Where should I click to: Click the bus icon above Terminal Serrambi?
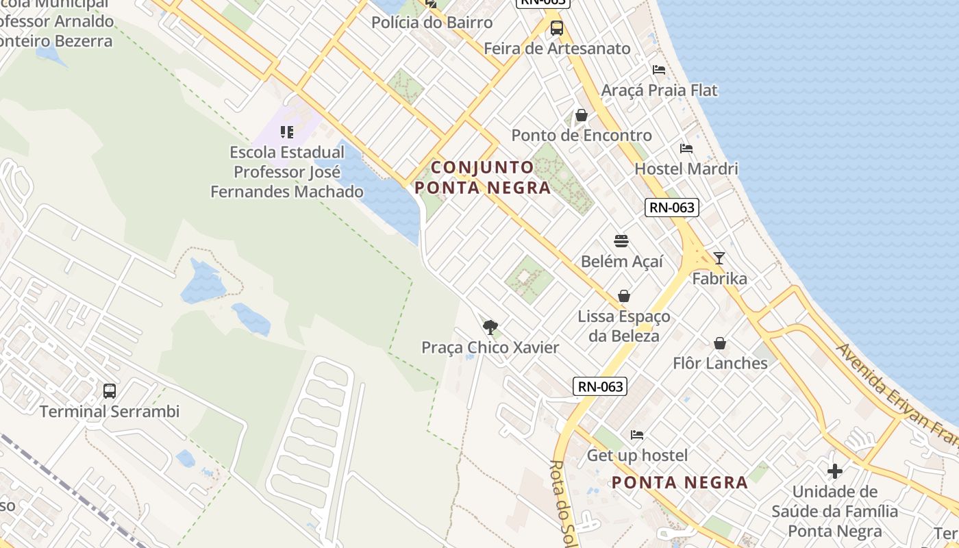coord(110,391)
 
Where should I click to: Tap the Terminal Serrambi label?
coord(110,412)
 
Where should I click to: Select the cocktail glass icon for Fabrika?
coord(719,258)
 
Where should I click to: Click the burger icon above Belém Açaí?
coord(621,241)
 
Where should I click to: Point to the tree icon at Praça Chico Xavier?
coord(490,327)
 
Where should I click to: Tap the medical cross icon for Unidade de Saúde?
coord(834,471)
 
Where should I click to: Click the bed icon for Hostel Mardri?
coord(686,149)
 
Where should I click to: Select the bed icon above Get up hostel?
coord(637,435)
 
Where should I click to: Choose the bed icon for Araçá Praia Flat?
coord(659,70)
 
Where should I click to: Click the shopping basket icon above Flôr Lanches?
coord(720,342)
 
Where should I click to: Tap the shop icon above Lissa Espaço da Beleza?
coord(624,296)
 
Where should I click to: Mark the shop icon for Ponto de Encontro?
coord(582,115)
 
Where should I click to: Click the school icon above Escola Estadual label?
coord(287,132)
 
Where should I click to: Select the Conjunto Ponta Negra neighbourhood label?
coord(482,177)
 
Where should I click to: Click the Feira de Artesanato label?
coord(557,49)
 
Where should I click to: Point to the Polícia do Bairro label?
coord(432,23)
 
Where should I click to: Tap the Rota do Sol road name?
coord(562,503)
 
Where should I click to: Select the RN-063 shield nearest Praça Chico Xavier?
coord(600,386)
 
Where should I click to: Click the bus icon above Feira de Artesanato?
coord(557,28)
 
